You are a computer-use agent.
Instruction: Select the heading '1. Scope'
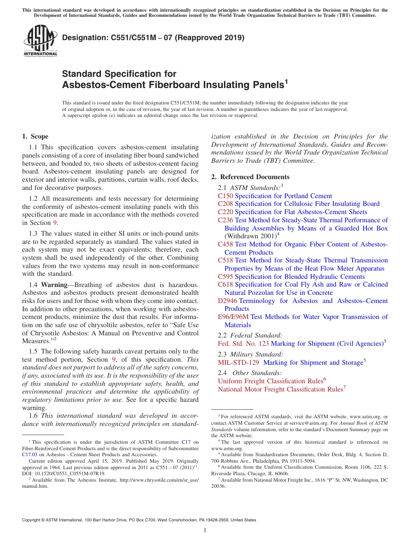tap(35, 136)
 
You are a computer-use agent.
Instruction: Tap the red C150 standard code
tap(225, 196)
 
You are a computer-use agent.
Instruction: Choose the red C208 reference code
tap(225, 204)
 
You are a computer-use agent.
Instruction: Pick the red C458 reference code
tap(225, 244)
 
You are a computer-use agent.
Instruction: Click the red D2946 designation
tap(227, 301)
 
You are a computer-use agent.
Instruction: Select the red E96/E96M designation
tap(233, 317)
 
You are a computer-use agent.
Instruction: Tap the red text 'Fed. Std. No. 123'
tap(243, 344)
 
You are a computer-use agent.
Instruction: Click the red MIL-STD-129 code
tap(239, 363)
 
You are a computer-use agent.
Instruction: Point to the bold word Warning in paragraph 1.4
tap(54, 285)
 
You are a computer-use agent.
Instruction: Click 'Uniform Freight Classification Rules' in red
tap(270, 381)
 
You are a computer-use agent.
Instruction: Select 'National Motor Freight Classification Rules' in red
tap(280, 389)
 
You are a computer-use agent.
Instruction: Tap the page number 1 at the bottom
tap(205, 530)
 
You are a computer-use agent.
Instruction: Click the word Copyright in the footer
tap(32, 520)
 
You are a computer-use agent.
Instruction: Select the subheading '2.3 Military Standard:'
tap(250, 354)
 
